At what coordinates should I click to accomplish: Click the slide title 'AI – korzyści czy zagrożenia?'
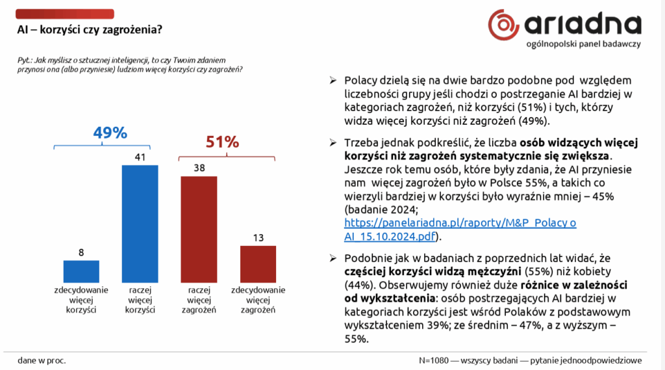(x=89, y=29)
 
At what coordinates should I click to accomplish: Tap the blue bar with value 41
(x=141, y=224)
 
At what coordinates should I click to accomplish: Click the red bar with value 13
(x=258, y=263)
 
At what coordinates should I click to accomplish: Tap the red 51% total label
(x=222, y=142)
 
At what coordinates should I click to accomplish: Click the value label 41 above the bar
(x=141, y=157)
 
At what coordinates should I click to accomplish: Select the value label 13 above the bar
(x=258, y=237)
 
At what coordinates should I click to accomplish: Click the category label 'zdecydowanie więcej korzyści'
(x=81, y=300)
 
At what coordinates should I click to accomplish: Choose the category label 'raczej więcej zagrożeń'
(x=198, y=300)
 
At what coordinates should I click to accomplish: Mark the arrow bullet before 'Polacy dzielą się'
(x=332, y=80)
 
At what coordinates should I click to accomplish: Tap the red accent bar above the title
(x=64, y=14)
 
